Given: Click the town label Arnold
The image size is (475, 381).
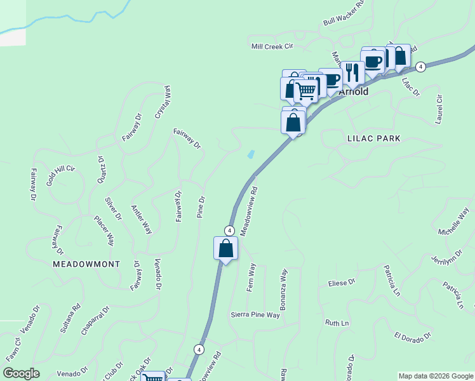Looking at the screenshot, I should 354,91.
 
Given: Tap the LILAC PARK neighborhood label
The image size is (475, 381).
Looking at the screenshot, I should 374,138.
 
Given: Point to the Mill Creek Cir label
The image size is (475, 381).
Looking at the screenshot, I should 272,46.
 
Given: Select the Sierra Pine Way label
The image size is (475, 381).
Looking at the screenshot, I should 255,315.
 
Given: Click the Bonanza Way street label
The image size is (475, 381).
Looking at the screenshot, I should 284,288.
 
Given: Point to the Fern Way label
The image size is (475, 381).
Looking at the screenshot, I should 251,277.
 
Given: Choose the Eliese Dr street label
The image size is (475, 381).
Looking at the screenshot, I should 341,282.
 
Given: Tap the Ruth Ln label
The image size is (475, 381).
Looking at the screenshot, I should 337,323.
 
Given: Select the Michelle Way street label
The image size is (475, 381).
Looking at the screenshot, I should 453,220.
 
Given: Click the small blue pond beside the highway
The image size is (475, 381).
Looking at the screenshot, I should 251,154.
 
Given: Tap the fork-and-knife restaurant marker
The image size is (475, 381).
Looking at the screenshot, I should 352,72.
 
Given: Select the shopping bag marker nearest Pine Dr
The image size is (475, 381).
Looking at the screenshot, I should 225,248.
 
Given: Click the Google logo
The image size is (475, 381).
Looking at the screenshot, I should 20,373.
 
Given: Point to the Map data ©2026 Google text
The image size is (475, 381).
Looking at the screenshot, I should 435,376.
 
